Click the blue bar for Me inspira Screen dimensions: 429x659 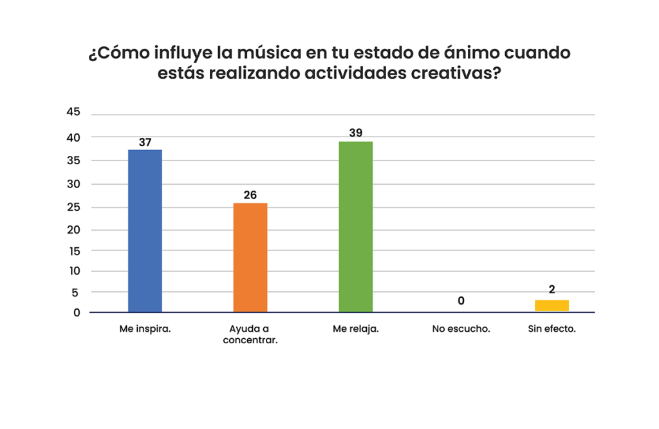pyautogui.click(x=145, y=231)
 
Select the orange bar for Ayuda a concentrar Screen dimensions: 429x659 pyautogui.click(x=250, y=258)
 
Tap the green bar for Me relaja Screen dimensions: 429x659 pyautogui.click(x=356, y=227)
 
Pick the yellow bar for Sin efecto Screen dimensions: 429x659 pyautogui.click(x=552, y=306)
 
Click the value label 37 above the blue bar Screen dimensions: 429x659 pyautogui.click(x=145, y=142)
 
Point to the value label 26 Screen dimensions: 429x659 pyautogui.click(x=250, y=195)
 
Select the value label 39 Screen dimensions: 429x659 pyautogui.click(x=356, y=133)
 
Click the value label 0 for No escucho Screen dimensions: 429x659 pyautogui.click(x=461, y=301)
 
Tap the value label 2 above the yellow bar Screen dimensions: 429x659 pyautogui.click(x=552, y=291)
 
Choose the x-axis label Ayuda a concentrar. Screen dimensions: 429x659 pyautogui.click(x=250, y=334)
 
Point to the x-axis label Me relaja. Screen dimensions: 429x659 pyautogui.click(x=356, y=329)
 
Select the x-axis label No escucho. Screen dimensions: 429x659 pyautogui.click(x=461, y=329)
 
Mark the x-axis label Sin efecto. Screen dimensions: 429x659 pyautogui.click(x=552, y=329)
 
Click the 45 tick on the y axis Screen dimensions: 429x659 pyautogui.click(x=73, y=113)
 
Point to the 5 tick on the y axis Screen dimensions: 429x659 pyautogui.click(x=77, y=292)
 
